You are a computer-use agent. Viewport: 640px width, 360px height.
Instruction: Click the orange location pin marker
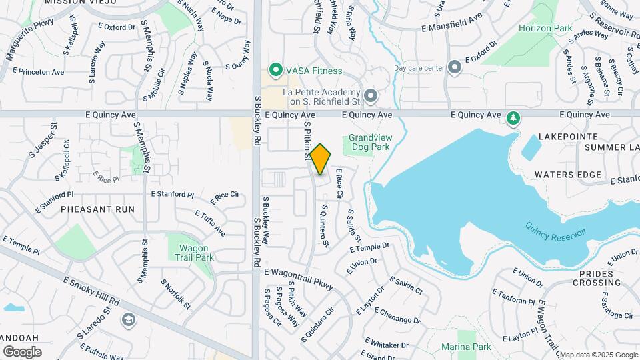tap(320, 159)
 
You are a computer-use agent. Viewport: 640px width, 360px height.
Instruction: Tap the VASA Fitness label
tap(315, 71)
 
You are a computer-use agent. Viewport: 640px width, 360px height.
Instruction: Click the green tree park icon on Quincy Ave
tap(513, 118)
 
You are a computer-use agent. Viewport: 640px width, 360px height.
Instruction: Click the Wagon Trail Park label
tap(195, 253)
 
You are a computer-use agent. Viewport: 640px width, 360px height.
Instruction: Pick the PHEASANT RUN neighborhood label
tap(97, 209)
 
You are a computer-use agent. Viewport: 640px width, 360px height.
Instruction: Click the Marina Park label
tap(466, 347)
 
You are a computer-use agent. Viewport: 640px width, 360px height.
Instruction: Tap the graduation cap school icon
tap(127, 321)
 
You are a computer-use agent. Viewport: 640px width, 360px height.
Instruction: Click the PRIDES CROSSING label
tap(600, 278)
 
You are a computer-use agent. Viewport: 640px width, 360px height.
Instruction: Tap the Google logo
tap(22, 351)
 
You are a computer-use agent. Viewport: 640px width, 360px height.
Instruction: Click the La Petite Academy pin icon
tap(371, 97)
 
